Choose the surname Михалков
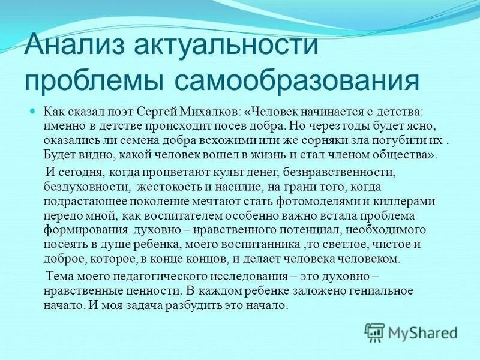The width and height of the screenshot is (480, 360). [x=216, y=112]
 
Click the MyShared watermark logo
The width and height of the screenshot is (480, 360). [x=410, y=332]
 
